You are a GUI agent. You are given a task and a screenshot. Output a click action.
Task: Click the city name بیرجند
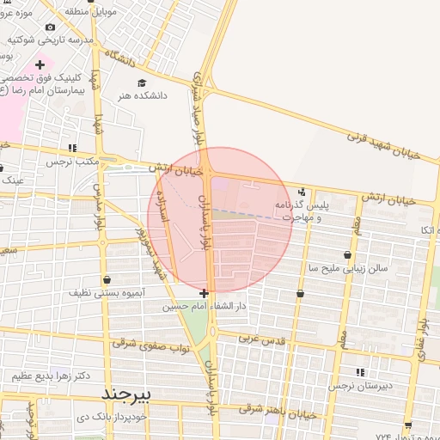point(126,394)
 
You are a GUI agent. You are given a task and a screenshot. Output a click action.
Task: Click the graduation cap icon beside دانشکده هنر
point(142,82)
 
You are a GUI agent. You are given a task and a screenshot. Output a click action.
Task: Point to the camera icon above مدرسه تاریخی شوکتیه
point(50,27)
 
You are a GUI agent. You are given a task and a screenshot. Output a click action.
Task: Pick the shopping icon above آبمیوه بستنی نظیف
point(106,279)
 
